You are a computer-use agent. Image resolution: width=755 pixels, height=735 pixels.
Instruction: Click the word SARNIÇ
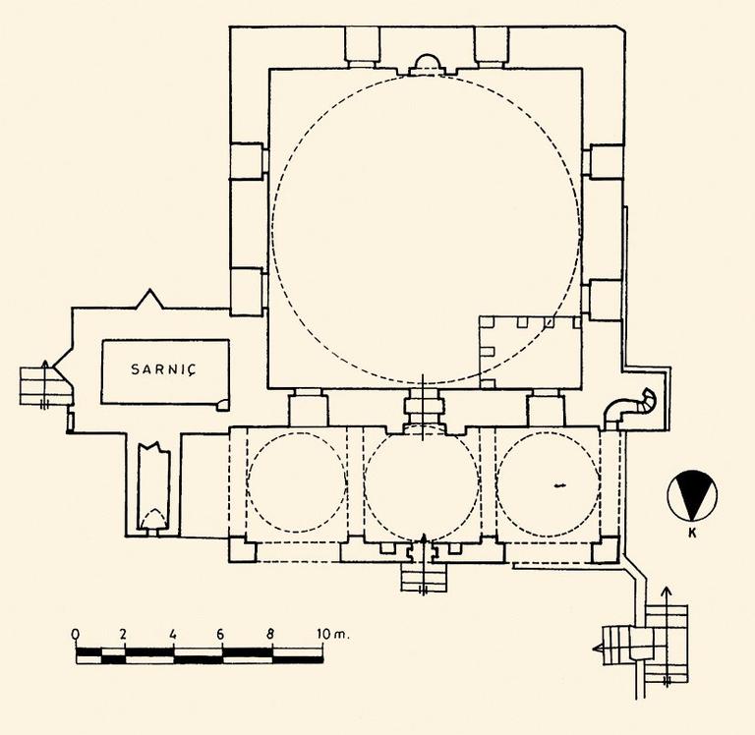click(164, 369)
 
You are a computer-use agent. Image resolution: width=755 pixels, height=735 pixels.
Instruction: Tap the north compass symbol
click(692, 496)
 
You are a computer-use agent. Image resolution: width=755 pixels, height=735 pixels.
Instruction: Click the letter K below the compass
click(692, 534)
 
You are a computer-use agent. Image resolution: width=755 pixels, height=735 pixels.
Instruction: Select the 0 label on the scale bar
click(75, 634)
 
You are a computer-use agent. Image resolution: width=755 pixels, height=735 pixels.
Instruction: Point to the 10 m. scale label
click(332, 634)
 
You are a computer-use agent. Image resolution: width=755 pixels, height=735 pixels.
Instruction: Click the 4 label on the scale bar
click(173, 634)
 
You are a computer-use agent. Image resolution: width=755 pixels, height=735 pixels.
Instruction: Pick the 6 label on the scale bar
click(220, 634)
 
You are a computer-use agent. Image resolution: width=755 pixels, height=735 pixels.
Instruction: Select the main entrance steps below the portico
click(424, 577)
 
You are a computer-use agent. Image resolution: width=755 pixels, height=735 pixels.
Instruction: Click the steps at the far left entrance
click(43, 385)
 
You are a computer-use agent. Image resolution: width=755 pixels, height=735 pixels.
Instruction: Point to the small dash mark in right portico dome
click(559, 485)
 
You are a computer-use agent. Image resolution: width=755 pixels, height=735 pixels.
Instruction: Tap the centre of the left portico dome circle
click(297, 482)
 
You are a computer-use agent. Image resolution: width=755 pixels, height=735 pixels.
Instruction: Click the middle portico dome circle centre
click(422, 483)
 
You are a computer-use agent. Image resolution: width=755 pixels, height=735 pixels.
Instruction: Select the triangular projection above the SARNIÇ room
click(150, 300)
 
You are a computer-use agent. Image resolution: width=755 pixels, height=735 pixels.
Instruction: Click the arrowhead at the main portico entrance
click(424, 537)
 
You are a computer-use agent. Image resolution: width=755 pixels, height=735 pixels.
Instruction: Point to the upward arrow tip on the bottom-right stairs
click(667, 589)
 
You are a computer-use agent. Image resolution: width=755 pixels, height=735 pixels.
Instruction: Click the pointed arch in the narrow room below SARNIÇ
click(154, 519)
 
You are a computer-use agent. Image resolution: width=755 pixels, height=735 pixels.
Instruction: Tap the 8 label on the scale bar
click(270, 634)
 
